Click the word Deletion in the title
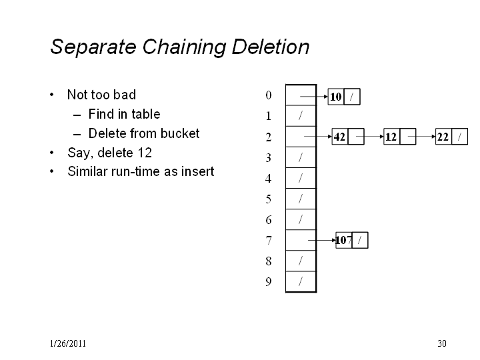(270, 47)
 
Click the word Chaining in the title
(184, 47)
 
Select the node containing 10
(344, 97)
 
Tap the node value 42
(339, 137)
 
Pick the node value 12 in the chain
(391, 137)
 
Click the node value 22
(443, 137)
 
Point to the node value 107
(343, 240)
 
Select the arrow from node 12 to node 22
(421, 137)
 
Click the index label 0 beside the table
(269, 95)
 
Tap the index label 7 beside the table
(269, 241)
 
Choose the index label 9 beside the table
(269, 281)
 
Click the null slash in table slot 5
(301, 199)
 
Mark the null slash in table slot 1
(301, 115)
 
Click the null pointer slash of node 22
(459, 137)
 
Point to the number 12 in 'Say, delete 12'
(145, 153)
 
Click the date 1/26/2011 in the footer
(67, 343)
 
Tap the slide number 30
(442, 343)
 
